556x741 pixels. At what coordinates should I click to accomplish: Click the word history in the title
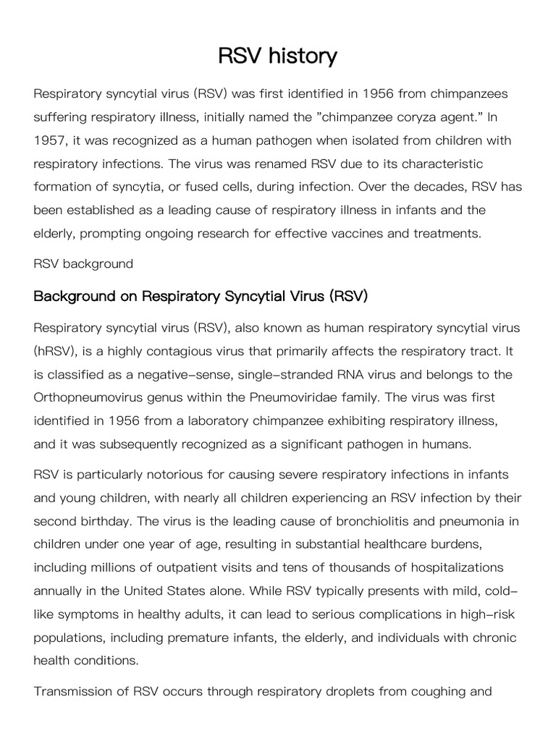[300, 56]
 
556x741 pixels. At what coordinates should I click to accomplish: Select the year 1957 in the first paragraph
[49, 140]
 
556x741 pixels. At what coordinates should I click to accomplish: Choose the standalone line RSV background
[83, 263]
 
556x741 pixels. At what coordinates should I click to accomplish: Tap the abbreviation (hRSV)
[56, 351]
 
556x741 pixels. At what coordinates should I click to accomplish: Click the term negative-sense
[196, 374]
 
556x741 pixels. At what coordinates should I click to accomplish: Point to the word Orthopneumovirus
[91, 397]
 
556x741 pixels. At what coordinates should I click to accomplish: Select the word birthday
[109, 521]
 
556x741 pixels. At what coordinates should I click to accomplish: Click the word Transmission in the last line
[78, 691]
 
